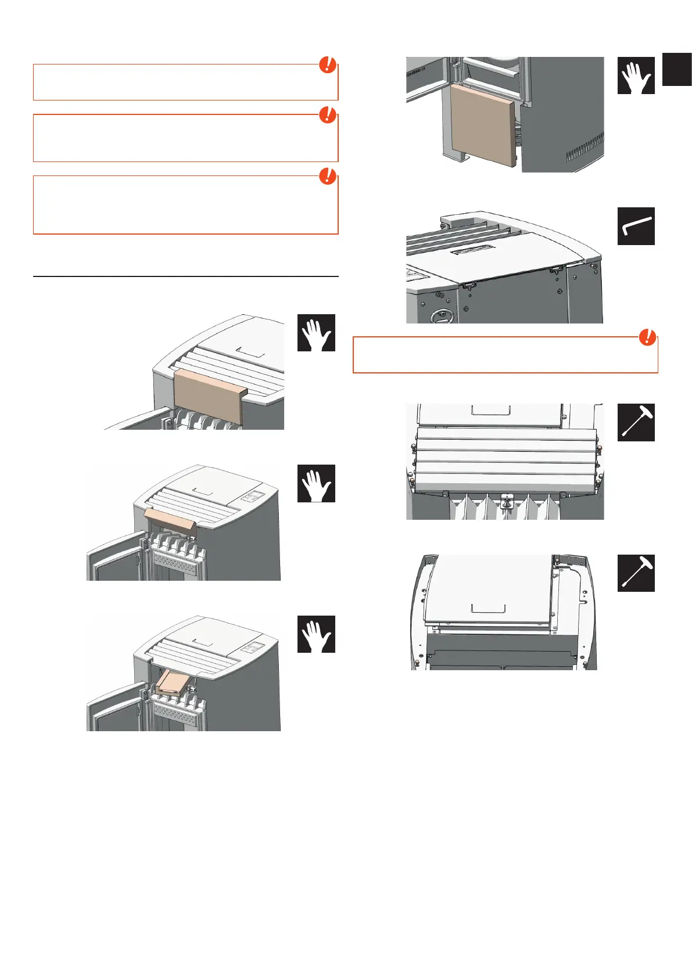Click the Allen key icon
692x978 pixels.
[x=636, y=226]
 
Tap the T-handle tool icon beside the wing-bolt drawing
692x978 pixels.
[x=636, y=422]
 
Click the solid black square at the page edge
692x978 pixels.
[x=676, y=69]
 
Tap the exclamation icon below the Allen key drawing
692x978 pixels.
[x=647, y=337]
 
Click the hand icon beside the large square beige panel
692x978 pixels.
[x=636, y=75]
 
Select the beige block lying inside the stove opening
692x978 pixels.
[x=173, y=681]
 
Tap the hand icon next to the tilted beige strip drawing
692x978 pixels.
[x=316, y=483]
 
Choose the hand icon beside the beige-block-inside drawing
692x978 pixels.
[x=316, y=634]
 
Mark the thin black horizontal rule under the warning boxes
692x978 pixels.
[x=185, y=277]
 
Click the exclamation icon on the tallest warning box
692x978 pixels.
[x=328, y=175]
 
